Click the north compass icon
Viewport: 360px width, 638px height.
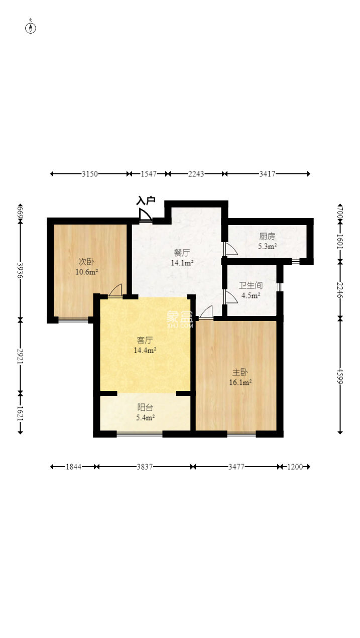(31, 27)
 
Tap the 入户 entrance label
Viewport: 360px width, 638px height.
(146, 200)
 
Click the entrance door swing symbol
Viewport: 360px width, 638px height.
(145, 215)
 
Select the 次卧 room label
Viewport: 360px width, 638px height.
(86, 261)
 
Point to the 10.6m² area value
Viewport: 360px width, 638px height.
(87, 272)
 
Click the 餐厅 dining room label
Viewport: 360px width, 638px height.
(182, 253)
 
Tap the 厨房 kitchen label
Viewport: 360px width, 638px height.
(267, 236)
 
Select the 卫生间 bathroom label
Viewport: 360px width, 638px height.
(251, 285)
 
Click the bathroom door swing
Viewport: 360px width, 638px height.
(231, 297)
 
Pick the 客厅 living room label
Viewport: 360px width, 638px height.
(145, 340)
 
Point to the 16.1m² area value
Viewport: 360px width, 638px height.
(241, 382)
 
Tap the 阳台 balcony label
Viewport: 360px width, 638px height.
(145, 407)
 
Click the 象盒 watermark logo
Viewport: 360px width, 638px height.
(180, 318)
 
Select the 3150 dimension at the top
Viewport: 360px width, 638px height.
(90, 174)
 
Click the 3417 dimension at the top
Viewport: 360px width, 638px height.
(267, 174)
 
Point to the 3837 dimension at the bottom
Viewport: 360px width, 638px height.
(145, 467)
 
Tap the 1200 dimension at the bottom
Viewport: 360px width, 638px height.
(295, 467)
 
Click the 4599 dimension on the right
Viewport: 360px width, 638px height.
(340, 377)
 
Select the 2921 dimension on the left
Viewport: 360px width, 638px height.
(20, 356)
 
